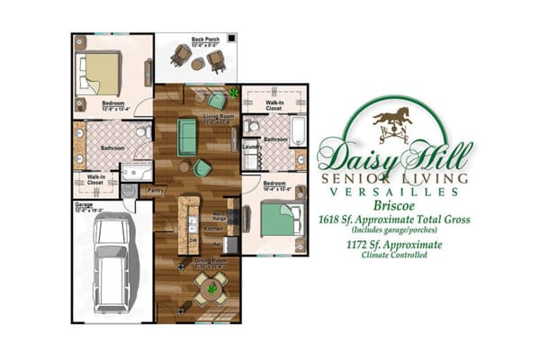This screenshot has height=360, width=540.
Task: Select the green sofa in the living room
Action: pos(187,136)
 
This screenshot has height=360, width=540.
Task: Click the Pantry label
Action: pos(155,191)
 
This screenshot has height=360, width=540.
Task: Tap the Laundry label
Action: pos(252,146)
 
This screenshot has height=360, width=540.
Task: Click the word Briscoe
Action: pos(394,205)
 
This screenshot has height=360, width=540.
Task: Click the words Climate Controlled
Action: pos(394,255)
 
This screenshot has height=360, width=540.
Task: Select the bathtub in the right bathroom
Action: pos(301,131)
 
